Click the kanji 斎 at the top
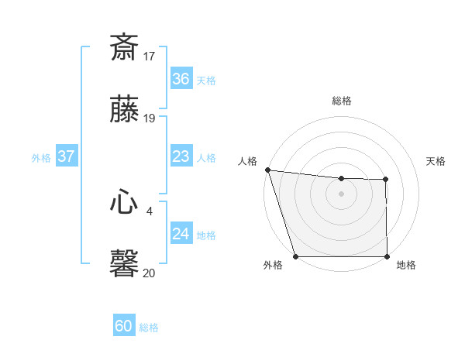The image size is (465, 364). tap(124, 47)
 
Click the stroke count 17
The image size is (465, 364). tap(150, 56)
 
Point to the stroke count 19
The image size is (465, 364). tap(150, 118)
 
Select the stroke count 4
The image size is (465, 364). tap(150, 211)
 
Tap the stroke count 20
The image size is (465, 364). tap(150, 273)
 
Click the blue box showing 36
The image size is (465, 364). tap(181, 79)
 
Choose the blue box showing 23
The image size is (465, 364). tap(181, 156)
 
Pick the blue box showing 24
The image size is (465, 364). tap(181, 234)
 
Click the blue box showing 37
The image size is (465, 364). tap(67, 156)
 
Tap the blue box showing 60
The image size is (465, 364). tap(124, 326)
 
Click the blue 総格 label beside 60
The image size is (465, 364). tap(149, 328)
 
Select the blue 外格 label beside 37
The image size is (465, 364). tap(41, 158)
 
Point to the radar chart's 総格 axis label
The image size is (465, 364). tap(341, 101)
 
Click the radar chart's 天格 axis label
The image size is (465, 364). tap(436, 161)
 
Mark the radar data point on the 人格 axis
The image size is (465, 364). tap(267, 170)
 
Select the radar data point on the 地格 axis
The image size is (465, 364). tap(387, 256)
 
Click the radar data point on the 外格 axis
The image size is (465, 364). tap(295, 256)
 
